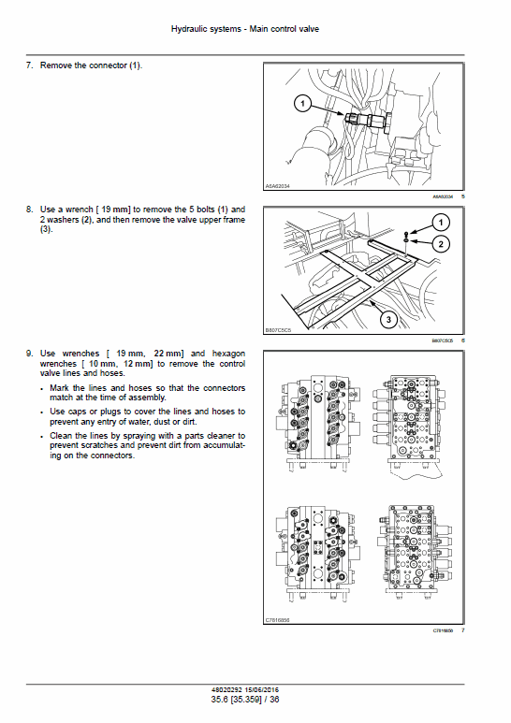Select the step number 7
pos(28,65)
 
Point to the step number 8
pos(28,209)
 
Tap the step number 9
pos(28,353)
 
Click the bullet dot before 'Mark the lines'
pos(42,387)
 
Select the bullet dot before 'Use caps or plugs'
pos(42,412)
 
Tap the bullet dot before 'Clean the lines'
pos(42,436)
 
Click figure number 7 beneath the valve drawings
pos(463,631)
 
